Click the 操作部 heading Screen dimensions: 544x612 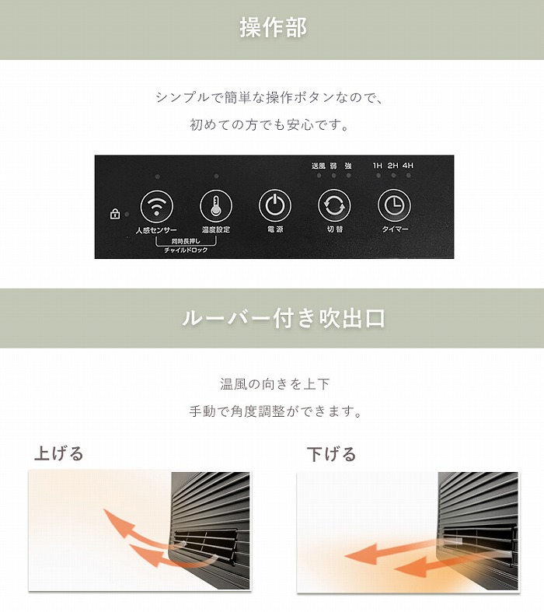(x=273, y=27)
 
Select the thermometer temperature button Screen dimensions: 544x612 (x=215, y=206)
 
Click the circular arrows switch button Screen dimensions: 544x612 (x=334, y=206)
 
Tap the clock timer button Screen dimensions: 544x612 (x=394, y=206)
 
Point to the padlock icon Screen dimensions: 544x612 (x=115, y=214)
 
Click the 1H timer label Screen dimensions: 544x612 (x=378, y=166)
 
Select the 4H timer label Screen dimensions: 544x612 (x=408, y=166)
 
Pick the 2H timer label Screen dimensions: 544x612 (x=392, y=166)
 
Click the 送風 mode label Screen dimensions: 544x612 (x=318, y=166)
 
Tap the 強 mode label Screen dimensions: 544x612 (x=348, y=166)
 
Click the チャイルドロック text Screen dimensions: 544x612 (x=186, y=250)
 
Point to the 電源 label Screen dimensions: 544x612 (x=275, y=229)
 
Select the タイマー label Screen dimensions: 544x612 (x=395, y=229)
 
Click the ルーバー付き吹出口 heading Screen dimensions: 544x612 (x=284, y=319)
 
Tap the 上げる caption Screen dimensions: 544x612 (x=59, y=453)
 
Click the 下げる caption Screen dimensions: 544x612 (x=331, y=454)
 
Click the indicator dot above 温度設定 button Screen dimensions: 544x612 (x=216, y=177)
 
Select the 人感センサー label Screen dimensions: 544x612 (x=156, y=230)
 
